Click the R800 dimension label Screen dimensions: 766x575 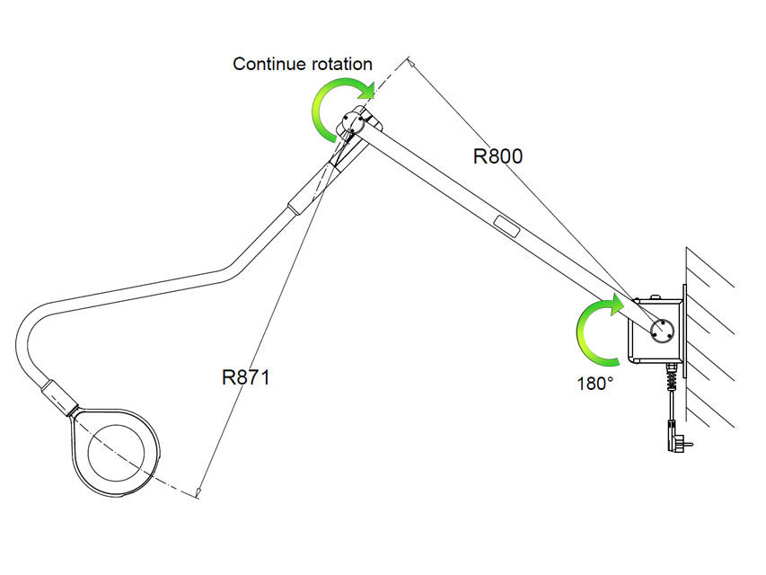point(497,156)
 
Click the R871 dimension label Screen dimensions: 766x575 point(246,377)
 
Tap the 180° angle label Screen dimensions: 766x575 point(595,384)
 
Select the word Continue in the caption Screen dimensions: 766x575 point(269,64)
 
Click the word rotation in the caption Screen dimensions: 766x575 point(342,64)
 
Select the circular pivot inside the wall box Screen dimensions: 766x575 point(662,331)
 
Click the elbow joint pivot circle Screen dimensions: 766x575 point(353,122)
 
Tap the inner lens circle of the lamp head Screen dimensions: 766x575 point(116,451)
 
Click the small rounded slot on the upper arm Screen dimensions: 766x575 point(506,226)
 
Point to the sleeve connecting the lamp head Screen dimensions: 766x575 point(58,397)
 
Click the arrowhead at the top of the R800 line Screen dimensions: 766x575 point(411,62)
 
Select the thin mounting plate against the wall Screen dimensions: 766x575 point(684,331)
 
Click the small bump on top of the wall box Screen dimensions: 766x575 point(656,296)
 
